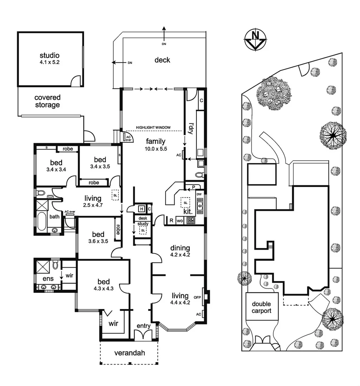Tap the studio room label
(x=49, y=56)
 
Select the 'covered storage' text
(x=47, y=101)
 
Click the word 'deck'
(x=162, y=60)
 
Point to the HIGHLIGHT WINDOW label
(x=153, y=128)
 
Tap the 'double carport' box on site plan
(x=261, y=307)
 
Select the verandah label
(x=129, y=353)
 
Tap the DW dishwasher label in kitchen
(x=199, y=194)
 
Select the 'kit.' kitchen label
(x=188, y=211)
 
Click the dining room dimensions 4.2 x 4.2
(x=180, y=255)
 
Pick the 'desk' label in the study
(x=143, y=218)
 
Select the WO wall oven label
(x=180, y=221)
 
